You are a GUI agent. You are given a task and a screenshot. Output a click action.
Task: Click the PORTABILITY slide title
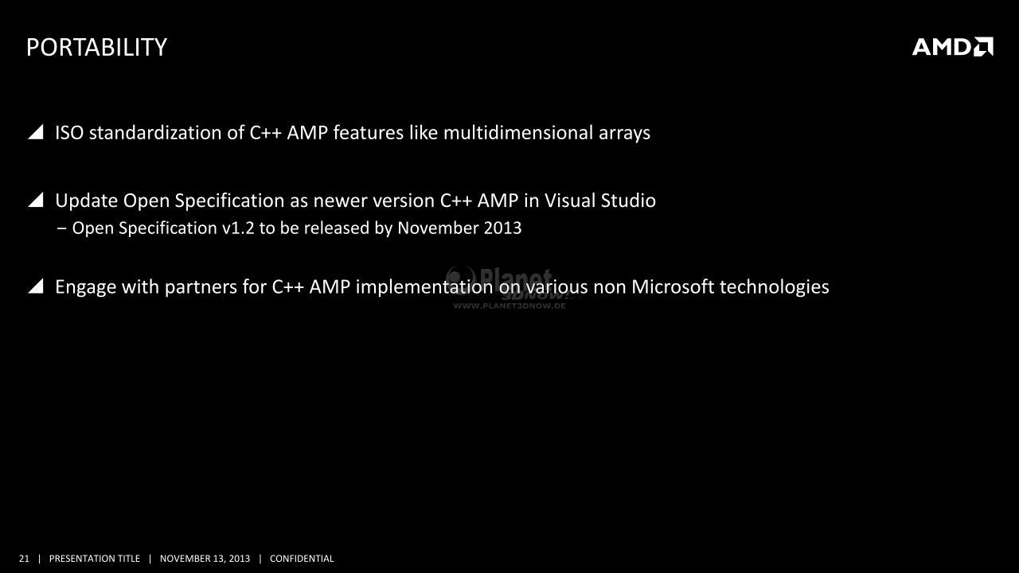tap(97, 47)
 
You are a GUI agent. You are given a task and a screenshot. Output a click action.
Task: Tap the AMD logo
tap(953, 46)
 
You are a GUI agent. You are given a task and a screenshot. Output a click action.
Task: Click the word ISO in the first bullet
tap(69, 133)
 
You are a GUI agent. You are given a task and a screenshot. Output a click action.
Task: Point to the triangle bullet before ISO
tap(36, 132)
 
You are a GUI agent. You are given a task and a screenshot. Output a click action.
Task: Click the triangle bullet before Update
tap(36, 200)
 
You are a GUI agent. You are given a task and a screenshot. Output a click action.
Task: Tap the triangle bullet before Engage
tap(36, 286)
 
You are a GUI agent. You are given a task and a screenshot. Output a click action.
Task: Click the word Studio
tap(628, 201)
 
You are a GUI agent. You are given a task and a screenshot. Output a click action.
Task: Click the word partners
tap(201, 288)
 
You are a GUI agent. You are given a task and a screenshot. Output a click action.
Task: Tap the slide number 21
tap(24, 559)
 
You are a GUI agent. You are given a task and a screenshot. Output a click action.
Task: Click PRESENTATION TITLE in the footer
tap(95, 559)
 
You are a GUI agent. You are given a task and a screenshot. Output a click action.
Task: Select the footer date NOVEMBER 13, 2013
tap(205, 559)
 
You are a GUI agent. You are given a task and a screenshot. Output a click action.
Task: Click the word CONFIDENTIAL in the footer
tap(302, 559)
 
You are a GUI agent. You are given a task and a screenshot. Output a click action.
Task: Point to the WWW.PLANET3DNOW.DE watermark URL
tap(509, 306)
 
